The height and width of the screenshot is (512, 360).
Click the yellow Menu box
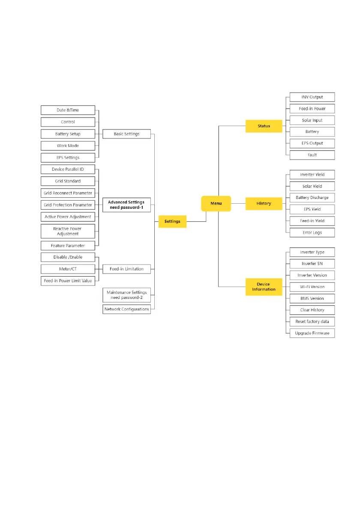(216, 203)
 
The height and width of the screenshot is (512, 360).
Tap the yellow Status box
(264, 126)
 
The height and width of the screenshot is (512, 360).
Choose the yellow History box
(264, 203)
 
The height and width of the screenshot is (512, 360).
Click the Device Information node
(264, 287)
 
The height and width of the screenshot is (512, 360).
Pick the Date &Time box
(68, 110)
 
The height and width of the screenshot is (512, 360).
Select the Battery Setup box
(68, 134)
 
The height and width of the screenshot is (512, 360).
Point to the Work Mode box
(68, 146)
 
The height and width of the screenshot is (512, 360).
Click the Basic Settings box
(127, 134)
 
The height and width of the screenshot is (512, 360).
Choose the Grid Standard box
(68, 181)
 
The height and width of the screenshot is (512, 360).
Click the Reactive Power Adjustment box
(68, 231)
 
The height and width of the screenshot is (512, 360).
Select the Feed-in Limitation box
(127, 269)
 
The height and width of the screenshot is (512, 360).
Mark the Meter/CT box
(68, 269)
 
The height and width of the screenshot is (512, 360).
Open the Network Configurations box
(127, 309)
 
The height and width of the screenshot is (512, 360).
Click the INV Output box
(312, 97)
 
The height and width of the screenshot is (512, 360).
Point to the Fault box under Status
(312, 155)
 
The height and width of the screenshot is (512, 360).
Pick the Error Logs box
(312, 233)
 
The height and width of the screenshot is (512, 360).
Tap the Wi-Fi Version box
(312, 287)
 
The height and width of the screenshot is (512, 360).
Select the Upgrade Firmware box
(312, 333)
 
